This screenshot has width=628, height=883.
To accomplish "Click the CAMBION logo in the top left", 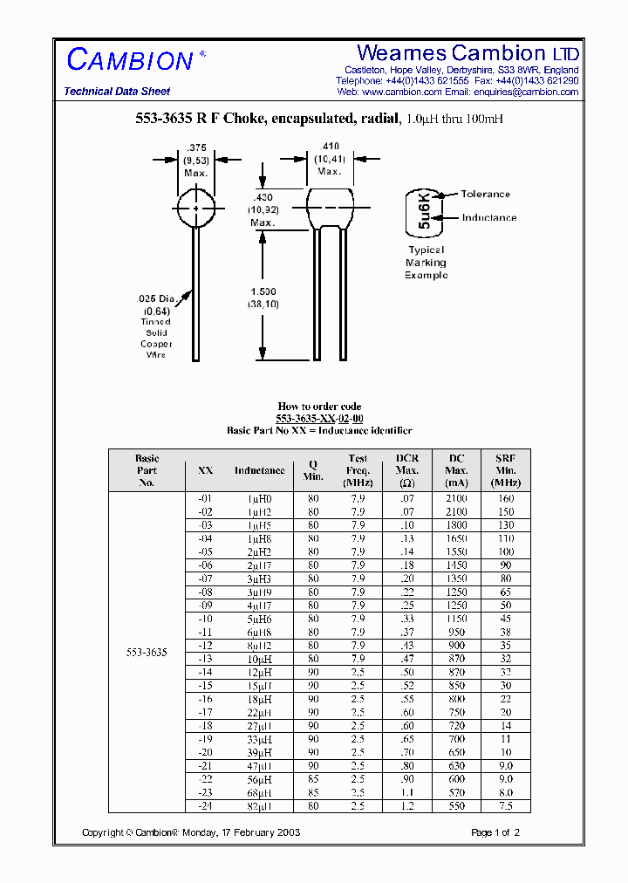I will (131, 60).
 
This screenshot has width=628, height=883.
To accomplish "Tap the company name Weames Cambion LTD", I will (468, 53).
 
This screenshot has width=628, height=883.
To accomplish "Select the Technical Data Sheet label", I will (117, 92).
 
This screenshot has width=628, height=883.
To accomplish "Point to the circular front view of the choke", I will (197, 209).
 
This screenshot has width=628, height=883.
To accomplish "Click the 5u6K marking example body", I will (424, 211).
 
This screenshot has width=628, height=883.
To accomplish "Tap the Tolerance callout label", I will (485, 195).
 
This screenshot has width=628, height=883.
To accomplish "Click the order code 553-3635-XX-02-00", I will (319, 419).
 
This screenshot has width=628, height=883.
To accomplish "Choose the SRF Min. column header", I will (505, 470).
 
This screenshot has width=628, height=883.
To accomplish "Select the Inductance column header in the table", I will (259, 470).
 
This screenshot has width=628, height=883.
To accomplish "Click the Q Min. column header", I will (313, 470).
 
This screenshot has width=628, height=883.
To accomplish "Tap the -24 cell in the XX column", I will (205, 807).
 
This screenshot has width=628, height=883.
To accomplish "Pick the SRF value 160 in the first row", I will (506, 498).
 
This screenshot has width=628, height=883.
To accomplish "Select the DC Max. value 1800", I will (457, 525).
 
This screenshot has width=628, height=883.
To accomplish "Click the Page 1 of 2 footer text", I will (495, 833).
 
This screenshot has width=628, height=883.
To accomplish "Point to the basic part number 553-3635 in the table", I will (147, 652).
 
